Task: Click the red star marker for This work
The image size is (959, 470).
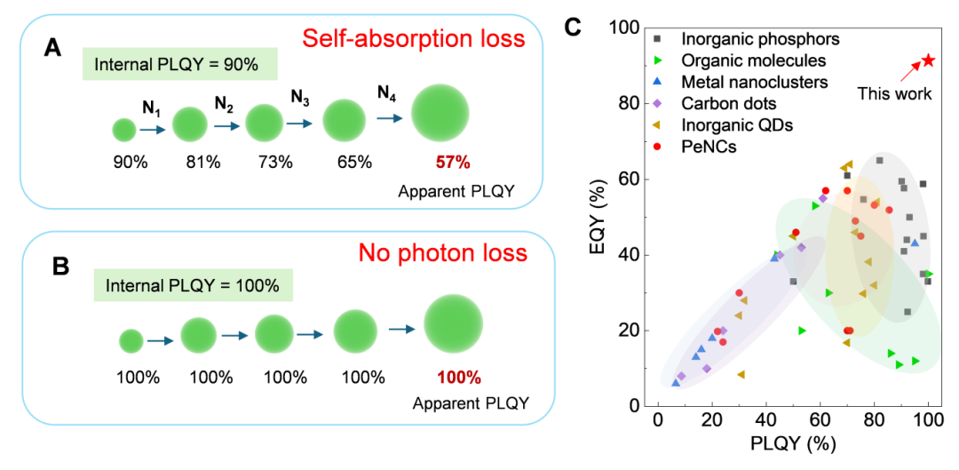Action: tap(927, 60)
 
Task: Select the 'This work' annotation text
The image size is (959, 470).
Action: tap(894, 93)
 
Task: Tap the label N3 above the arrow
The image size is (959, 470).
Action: tap(300, 95)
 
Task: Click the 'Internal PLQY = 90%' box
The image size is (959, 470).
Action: tap(178, 64)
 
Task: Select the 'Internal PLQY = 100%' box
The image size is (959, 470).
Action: tap(193, 286)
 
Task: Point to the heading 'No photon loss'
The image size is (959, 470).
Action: tap(442, 252)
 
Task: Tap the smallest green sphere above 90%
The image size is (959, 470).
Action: tap(124, 130)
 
